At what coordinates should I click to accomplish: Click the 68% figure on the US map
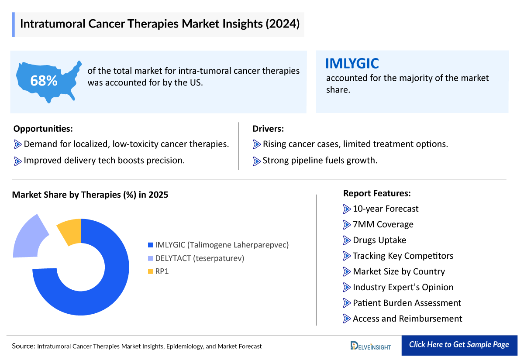[44, 81]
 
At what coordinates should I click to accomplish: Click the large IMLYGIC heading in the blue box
[352, 64]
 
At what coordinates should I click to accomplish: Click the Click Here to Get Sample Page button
[459, 344]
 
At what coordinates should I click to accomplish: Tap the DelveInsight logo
[371, 346]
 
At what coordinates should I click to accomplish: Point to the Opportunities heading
[43, 129]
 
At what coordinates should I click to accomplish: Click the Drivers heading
[268, 129]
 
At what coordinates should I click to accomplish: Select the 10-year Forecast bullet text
[385, 209]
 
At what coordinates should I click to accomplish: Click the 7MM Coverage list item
[383, 224]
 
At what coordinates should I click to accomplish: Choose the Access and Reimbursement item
[407, 319]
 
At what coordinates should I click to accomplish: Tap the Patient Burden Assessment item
[407, 303]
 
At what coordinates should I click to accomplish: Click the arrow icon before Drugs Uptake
[347, 240]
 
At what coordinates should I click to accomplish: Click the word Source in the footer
[23, 346]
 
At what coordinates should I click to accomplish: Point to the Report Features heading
[377, 193]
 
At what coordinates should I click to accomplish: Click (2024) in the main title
[282, 24]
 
